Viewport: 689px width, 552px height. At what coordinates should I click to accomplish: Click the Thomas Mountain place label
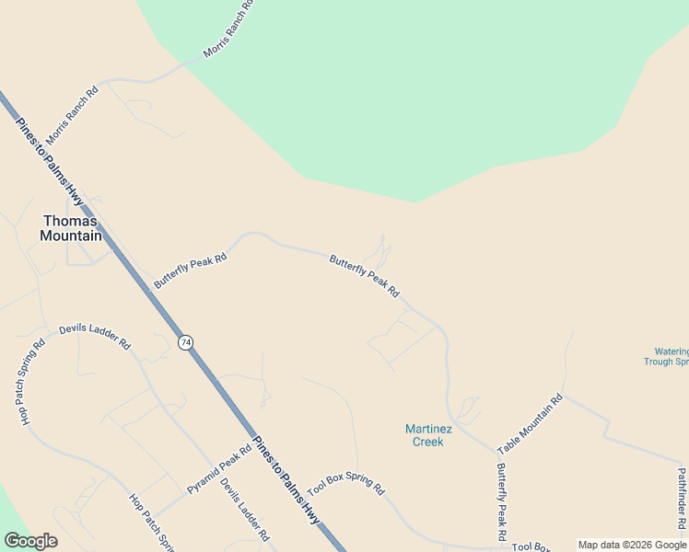click(71, 228)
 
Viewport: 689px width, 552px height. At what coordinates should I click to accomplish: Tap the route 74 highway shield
click(187, 341)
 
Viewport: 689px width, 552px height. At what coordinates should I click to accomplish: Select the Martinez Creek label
click(425, 435)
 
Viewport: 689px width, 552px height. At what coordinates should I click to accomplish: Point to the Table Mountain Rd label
click(530, 425)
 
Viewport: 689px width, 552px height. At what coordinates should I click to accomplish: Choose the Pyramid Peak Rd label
click(219, 470)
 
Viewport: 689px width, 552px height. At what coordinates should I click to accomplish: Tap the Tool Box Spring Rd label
click(345, 485)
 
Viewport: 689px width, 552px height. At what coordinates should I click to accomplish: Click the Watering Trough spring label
click(671, 356)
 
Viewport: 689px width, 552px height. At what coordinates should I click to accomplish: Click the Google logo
click(30, 541)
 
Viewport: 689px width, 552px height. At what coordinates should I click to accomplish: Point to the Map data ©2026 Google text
click(632, 545)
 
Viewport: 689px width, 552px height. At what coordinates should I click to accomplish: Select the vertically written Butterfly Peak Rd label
click(501, 501)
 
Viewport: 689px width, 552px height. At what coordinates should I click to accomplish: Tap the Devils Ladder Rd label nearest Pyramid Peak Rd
click(245, 509)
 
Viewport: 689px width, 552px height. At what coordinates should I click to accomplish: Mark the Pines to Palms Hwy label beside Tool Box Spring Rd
click(286, 480)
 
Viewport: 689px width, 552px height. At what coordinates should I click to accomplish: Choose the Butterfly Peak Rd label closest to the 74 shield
click(191, 272)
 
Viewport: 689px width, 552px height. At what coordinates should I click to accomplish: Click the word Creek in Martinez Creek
click(427, 442)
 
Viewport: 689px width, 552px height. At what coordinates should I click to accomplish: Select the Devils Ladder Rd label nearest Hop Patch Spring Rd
click(95, 336)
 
